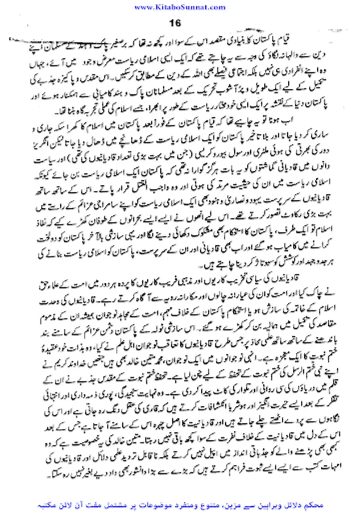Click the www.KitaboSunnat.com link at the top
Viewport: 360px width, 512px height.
click(x=180, y=6)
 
